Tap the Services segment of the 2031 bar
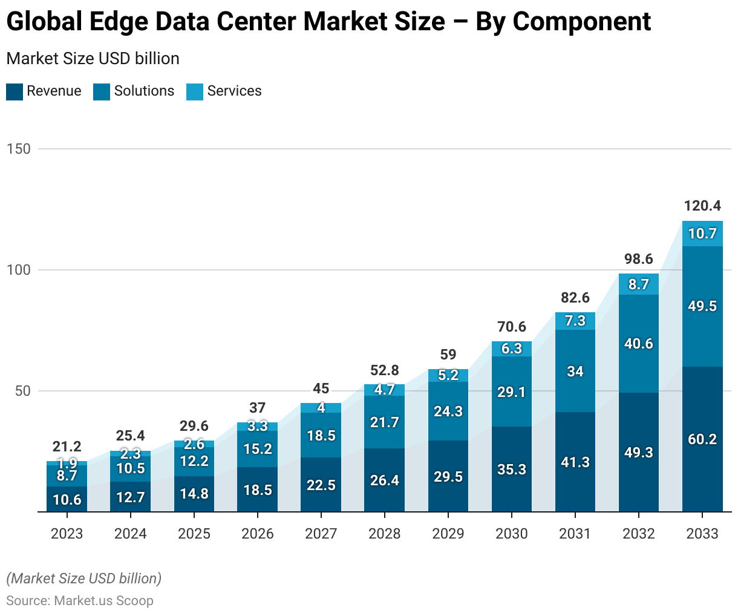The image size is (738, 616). [575, 321]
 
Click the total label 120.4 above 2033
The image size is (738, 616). [702, 206]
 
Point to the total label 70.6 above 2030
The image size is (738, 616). [512, 327]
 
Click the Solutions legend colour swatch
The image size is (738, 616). [102, 91]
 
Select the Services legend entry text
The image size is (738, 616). [234, 91]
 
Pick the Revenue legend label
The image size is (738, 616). [54, 91]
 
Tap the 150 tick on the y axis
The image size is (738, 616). [18, 149]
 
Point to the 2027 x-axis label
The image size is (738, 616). [321, 534]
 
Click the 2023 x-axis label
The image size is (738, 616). [67, 534]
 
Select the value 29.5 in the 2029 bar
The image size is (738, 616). [448, 477]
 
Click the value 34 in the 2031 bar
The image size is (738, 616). [575, 372]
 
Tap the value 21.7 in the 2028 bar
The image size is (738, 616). [385, 422]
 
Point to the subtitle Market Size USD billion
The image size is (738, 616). [93, 59]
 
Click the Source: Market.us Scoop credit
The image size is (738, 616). [79, 601]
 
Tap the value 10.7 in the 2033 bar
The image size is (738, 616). [702, 234]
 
